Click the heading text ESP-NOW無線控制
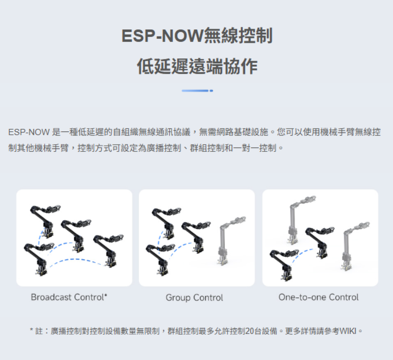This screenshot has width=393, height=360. tap(197, 36)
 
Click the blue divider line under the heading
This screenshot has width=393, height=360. tap(197, 90)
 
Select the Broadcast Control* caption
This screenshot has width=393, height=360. tap(69, 297)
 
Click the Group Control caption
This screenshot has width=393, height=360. tap(194, 298)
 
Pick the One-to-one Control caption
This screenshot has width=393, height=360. tap(318, 297)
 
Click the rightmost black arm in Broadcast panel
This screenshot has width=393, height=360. tap(107, 248)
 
